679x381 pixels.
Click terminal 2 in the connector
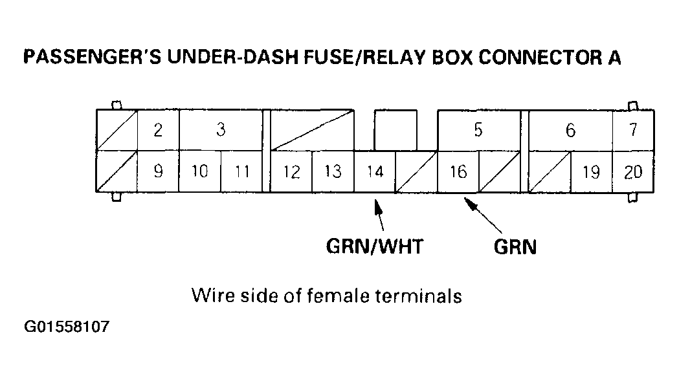click(158, 131)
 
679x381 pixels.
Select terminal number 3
click(221, 130)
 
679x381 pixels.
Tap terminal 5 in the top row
click(478, 130)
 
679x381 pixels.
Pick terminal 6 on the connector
click(570, 131)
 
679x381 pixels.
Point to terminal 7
click(633, 130)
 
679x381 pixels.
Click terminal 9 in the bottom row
click(158, 172)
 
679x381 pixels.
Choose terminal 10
click(200, 172)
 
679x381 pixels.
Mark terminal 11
click(242, 172)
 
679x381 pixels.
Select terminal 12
click(291, 172)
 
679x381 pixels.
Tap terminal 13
click(333, 172)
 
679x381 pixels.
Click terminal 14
click(375, 172)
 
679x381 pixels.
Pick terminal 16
click(458, 172)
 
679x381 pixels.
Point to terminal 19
click(591, 172)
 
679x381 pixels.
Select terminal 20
click(633, 172)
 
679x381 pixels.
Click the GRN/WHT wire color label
click(374, 246)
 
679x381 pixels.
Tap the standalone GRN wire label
click(515, 247)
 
